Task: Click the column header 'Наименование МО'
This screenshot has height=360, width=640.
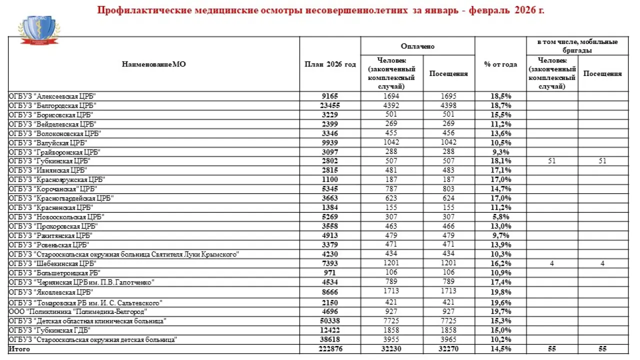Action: (153, 64)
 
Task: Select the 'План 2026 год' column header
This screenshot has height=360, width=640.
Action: (330, 64)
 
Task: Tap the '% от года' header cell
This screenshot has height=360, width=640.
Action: (500, 64)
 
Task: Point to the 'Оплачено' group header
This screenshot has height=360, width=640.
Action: (417, 46)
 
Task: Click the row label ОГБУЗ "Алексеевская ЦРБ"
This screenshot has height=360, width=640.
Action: (52, 96)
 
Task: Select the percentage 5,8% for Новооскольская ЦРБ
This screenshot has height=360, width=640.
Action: (500, 217)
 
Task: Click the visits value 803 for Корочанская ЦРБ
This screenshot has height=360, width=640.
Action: (448, 189)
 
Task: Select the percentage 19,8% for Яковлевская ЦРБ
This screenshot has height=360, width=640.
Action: (500, 292)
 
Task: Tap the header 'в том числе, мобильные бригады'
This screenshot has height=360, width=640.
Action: (577, 46)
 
